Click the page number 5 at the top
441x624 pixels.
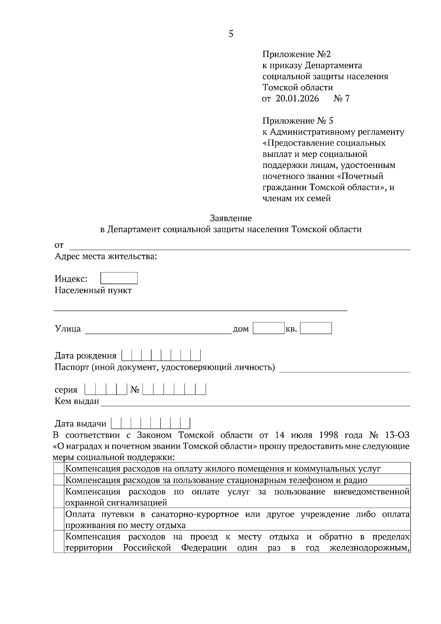pos(231,34)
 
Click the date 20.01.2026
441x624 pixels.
pos(297,98)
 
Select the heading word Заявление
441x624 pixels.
pos(231,218)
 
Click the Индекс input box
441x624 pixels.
pos(119,278)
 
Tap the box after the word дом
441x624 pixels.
pos(269,328)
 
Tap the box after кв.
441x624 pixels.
pos(316,328)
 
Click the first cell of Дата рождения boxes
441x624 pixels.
pos(126,355)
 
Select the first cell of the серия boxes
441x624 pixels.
pos(90,390)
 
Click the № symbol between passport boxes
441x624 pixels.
pos(135,390)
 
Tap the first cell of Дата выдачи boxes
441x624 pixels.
pos(116,424)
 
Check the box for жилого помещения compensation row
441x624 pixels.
pos(59,469)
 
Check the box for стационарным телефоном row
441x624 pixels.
pos(59,480)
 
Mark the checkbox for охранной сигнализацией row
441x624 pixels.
pos(59,497)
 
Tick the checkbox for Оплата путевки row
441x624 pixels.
pos(59,520)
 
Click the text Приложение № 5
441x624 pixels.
pos(298,121)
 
